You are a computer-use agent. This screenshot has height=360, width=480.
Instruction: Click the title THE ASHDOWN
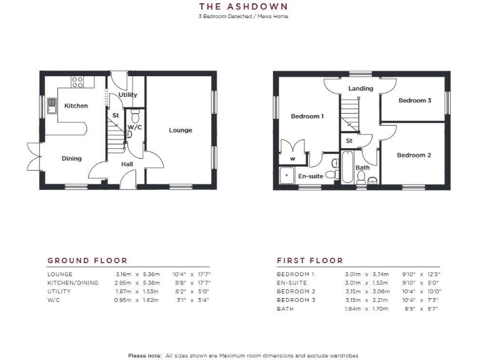(239, 6)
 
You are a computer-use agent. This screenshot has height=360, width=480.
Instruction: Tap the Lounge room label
(181, 130)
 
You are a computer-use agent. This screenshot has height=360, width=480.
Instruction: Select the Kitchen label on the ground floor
(76, 106)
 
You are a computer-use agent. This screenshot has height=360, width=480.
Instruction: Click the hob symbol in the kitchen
(77, 82)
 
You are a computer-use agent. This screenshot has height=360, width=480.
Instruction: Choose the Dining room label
(71, 158)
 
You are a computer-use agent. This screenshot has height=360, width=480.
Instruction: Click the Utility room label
(127, 95)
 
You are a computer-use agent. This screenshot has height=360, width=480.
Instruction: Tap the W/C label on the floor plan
(134, 127)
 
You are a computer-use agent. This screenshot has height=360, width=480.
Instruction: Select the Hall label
(127, 164)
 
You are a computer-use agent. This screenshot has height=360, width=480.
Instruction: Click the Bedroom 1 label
(307, 116)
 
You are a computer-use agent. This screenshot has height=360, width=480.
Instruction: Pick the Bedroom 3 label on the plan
(415, 100)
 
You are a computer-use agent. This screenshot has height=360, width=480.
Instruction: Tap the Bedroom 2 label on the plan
(414, 155)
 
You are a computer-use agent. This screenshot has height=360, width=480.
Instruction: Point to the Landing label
(361, 88)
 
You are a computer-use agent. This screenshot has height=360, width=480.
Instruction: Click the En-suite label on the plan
(310, 176)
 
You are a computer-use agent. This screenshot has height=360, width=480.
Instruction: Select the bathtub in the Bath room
(347, 169)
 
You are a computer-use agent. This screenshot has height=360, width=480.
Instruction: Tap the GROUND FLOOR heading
(87, 261)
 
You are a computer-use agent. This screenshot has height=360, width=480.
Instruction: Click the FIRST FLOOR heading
(310, 261)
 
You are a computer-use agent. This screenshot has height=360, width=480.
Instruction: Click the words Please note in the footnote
(145, 356)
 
